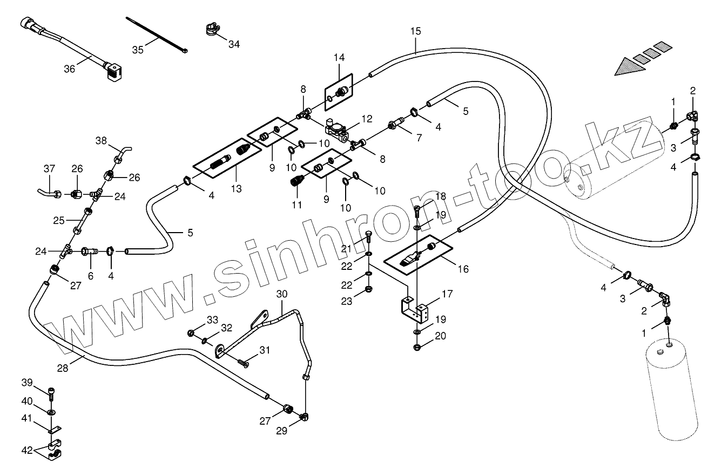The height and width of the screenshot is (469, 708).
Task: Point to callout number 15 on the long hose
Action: pos(415,31)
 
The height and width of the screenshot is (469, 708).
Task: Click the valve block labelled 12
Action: pos(337,128)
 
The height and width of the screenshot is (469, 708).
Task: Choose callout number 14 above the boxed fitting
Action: pos(339,57)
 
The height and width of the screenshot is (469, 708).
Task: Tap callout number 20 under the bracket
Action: pos(441,336)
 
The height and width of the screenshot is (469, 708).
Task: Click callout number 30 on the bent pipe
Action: pos(282,294)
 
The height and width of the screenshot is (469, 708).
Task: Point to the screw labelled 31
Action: pos(245,364)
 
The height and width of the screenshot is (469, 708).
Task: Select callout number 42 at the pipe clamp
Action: pos(27,450)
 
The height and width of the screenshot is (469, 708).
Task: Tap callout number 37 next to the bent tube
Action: pos(49,169)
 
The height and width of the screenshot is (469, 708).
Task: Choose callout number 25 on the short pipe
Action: pos(59,220)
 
